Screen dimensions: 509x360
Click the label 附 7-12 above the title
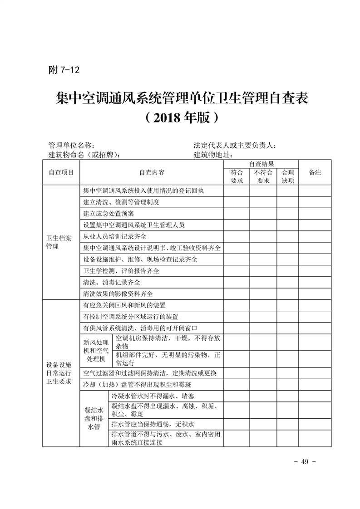click(x=64, y=70)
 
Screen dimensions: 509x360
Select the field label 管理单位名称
click(x=71, y=146)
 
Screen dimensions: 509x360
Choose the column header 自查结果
click(x=261, y=164)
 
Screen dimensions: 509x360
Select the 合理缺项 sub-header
click(x=288, y=176)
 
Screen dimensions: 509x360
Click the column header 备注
click(x=315, y=172)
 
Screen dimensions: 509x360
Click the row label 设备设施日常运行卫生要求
click(x=59, y=373)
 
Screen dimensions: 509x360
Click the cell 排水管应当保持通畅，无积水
click(x=153, y=424)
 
